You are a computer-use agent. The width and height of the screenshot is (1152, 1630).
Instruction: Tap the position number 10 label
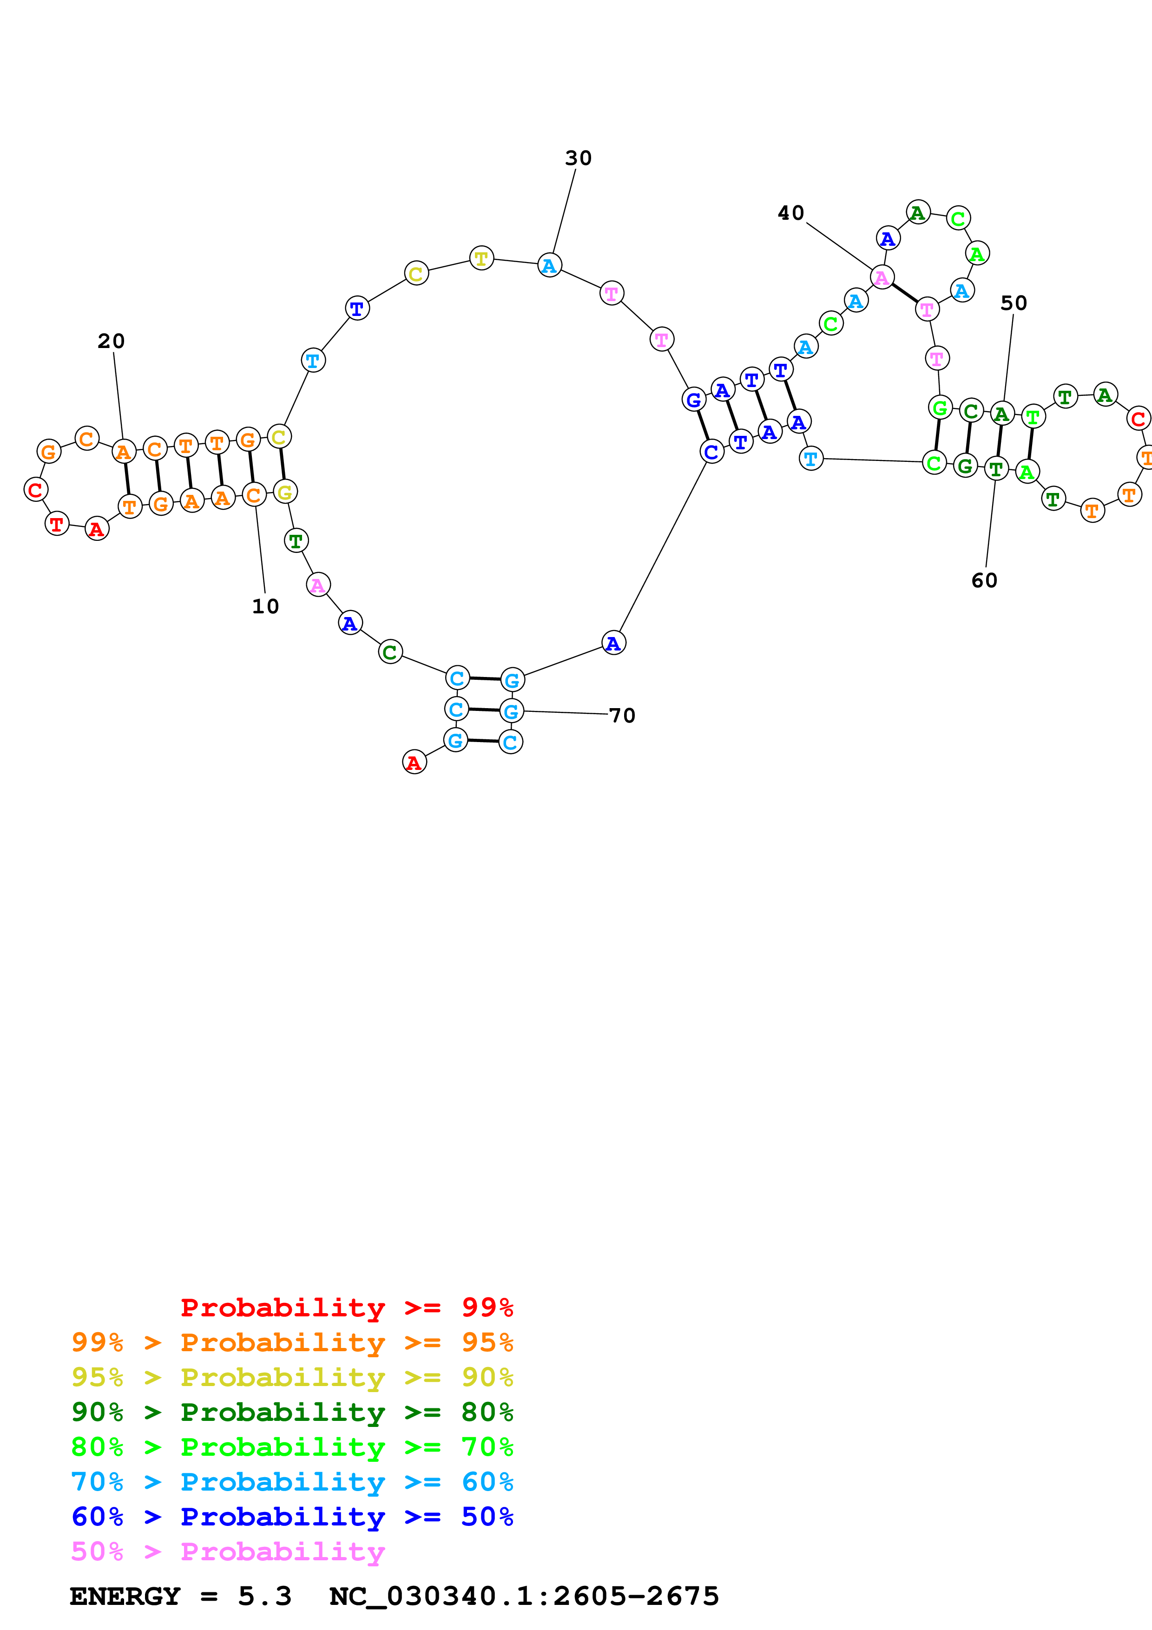point(265,606)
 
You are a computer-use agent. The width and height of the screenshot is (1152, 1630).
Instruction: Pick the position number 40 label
point(791,213)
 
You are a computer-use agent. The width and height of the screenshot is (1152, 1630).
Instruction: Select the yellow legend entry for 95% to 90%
point(292,1377)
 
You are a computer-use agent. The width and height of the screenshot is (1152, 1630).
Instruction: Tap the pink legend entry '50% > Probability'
point(228,1552)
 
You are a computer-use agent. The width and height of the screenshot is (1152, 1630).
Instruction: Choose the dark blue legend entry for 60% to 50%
point(292,1517)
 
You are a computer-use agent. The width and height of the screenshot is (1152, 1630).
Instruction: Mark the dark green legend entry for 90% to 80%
point(292,1412)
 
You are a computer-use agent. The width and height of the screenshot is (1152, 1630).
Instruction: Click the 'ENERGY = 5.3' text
point(180,1597)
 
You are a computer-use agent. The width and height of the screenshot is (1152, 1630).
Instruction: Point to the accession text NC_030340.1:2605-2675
point(524,1597)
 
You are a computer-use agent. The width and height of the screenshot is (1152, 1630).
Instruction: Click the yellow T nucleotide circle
point(481,258)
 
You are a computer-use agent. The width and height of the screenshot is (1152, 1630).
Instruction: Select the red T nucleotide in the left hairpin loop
point(57,524)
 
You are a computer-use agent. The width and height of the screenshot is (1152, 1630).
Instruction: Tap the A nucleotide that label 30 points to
point(549,265)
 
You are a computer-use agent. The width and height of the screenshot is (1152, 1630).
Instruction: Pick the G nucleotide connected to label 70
point(511,710)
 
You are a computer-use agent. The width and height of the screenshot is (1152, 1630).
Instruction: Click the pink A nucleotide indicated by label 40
point(882,277)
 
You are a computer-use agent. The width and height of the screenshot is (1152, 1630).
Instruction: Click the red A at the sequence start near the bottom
point(414,762)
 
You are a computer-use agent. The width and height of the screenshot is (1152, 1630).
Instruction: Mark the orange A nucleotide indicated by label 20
point(124,452)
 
